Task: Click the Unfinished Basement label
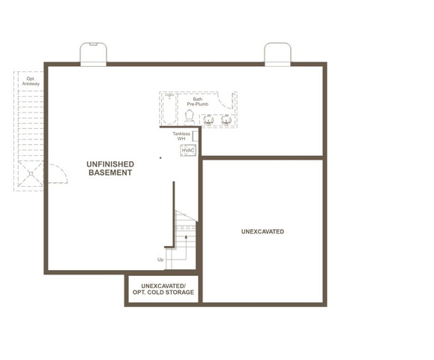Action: (x=110, y=168)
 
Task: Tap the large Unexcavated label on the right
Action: (x=262, y=232)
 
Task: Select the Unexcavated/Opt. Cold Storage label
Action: (x=163, y=289)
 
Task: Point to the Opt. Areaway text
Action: (x=31, y=81)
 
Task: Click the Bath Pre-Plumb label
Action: (x=198, y=102)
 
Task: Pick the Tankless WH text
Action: (x=181, y=136)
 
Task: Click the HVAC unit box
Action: (x=188, y=150)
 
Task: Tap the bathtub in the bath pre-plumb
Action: (x=169, y=109)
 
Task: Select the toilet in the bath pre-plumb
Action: (x=190, y=118)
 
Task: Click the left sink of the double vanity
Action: (x=208, y=121)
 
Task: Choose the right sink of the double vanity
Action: (x=226, y=121)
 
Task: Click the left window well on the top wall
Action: (x=93, y=54)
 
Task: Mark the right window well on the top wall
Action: (x=277, y=54)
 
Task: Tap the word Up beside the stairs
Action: (x=160, y=259)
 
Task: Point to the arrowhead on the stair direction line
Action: (x=186, y=237)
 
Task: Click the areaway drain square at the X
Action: (x=31, y=174)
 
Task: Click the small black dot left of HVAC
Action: (x=160, y=157)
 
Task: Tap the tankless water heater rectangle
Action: (x=196, y=136)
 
